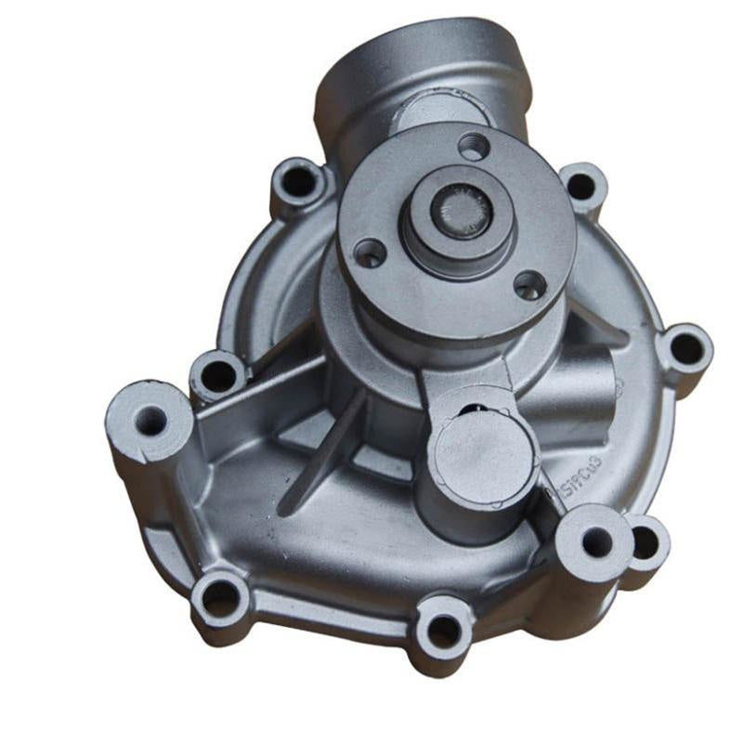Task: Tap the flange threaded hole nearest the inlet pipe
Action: click(x=473, y=147)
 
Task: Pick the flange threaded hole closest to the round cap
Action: click(x=529, y=286)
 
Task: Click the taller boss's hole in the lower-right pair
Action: click(x=594, y=540)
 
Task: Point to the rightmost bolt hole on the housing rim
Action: click(x=685, y=348)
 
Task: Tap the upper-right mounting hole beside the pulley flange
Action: click(x=581, y=186)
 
